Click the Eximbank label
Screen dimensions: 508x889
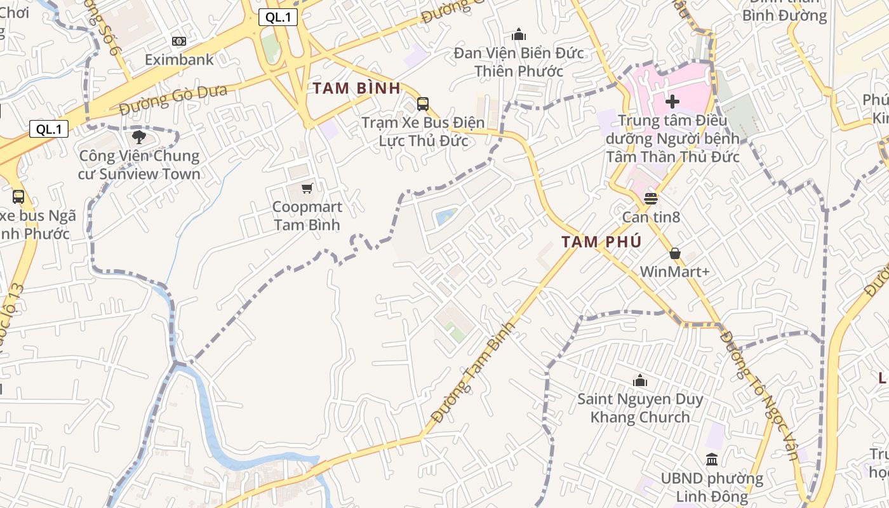[x=179, y=60]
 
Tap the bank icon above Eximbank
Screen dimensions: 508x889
[x=179, y=41]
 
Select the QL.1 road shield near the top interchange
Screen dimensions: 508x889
[x=278, y=18]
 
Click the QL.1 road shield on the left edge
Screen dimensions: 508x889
[x=49, y=130]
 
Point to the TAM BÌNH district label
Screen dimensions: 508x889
[x=356, y=88]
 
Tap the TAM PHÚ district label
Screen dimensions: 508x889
[x=601, y=242]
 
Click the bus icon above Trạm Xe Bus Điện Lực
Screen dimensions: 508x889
[x=423, y=104]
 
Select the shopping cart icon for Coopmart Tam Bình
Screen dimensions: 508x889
[x=307, y=188]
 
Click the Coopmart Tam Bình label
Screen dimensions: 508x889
[x=307, y=216]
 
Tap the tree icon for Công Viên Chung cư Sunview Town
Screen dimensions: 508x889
[x=139, y=137]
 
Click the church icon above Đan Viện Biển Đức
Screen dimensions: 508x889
[x=519, y=34]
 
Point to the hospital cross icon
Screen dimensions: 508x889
[x=672, y=102]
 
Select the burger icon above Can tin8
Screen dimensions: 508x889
[x=651, y=199]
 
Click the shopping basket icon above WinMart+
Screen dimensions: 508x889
[x=674, y=253]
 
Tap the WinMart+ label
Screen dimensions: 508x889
[x=674, y=272]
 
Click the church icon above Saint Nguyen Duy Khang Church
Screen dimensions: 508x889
[x=640, y=380]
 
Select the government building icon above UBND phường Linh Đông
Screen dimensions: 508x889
[x=712, y=459]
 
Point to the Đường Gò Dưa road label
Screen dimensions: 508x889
[x=173, y=100]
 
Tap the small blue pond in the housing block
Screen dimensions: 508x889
[x=446, y=217]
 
